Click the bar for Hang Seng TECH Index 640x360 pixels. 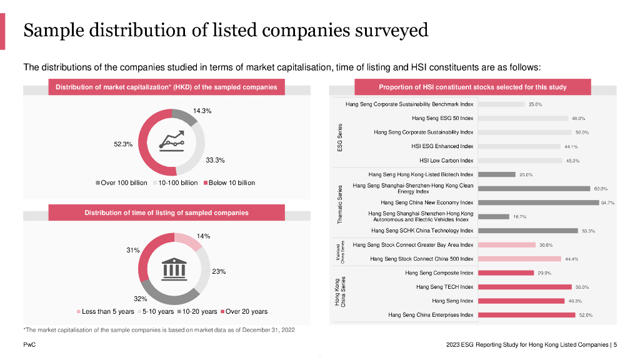click(x=524, y=287)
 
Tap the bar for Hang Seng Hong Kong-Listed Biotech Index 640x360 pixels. click(x=496, y=174)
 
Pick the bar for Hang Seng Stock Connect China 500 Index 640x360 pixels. click(x=518, y=259)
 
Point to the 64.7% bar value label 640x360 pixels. click(x=607, y=202)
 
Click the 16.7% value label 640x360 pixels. click(x=519, y=217)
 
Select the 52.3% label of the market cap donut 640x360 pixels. click(x=123, y=144)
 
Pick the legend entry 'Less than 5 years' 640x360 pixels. click(x=105, y=311)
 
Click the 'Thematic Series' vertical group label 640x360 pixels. click(x=340, y=204)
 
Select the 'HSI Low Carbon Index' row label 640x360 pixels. click(x=442, y=161)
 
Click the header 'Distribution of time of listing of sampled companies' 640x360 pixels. click(x=166, y=212)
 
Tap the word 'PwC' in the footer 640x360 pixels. click(x=29, y=344)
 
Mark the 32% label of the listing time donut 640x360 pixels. click(x=141, y=298)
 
